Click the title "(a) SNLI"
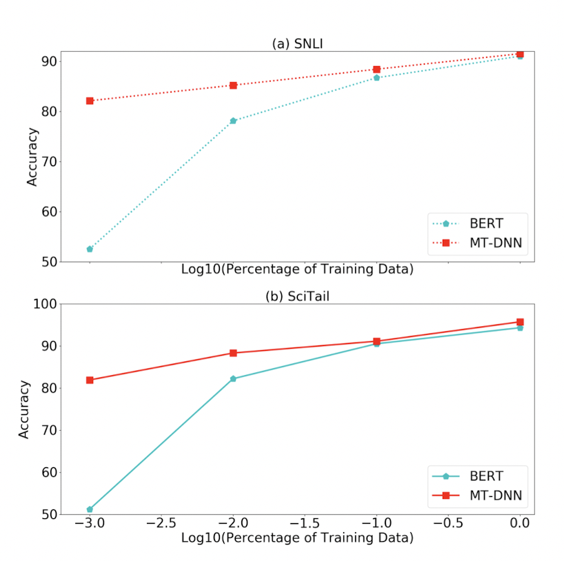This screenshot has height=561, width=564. click(297, 43)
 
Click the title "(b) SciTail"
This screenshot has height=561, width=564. click(297, 296)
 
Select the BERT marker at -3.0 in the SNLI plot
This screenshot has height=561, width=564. click(90, 249)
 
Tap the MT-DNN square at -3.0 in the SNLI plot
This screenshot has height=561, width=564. click(90, 101)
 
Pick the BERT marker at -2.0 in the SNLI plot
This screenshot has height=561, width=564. click(233, 121)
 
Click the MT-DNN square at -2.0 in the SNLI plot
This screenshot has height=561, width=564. click(233, 85)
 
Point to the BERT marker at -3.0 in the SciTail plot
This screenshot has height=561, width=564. click(90, 509)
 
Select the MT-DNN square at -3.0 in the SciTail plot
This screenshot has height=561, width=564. click(90, 380)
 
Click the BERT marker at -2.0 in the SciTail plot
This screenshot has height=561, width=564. click(233, 378)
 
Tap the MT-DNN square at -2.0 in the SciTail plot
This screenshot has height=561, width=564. click(233, 353)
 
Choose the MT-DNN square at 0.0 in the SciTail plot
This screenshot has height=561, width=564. click(520, 322)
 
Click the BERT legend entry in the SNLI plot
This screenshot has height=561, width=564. click(474, 223)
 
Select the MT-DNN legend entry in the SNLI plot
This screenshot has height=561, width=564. click(474, 243)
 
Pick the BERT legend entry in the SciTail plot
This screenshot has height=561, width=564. click(474, 476)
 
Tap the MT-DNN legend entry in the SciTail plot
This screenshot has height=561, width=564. click(474, 496)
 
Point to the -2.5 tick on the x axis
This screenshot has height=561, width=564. click(161, 524)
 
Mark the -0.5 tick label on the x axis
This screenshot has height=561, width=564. click(447, 524)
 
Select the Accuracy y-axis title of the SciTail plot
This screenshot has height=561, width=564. click(24, 409)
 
